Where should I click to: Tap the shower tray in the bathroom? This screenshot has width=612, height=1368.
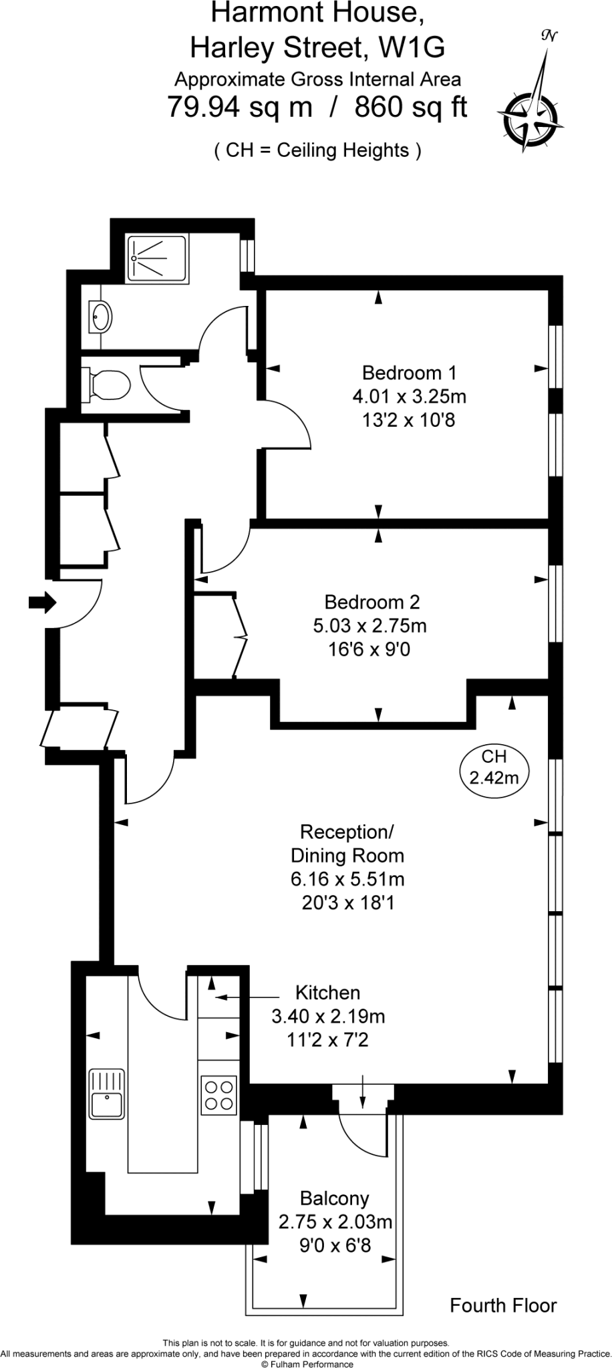pyautogui.click(x=158, y=257)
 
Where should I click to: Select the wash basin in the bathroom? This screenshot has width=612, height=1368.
pyautogui.click(x=101, y=315)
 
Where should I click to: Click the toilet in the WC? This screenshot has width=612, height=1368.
pyautogui.click(x=108, y=385)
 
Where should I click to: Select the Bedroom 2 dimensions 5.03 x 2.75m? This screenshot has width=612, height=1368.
pyautogui.click(x=369, y=626)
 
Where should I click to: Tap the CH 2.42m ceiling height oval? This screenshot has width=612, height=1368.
pyautogui.click(x=494, y=767)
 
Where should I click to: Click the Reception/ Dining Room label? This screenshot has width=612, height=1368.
pyautogui.click(x=347, y=844)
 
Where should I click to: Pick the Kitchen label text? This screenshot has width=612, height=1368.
pyautogui.click(x=327, y=993)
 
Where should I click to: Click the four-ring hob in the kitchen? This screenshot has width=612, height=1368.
pyautogui.click(x=218, y=1095)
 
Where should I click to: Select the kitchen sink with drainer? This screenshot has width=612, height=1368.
pyautogui.click(x=107, y=1093)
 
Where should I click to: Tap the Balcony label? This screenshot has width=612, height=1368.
pyautogui.click(x=334, y=1198)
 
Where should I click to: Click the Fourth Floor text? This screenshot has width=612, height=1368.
pyautogui.click(x=502, y=1305)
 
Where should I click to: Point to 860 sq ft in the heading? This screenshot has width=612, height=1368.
pyautogui.click(x=410, y=107)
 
